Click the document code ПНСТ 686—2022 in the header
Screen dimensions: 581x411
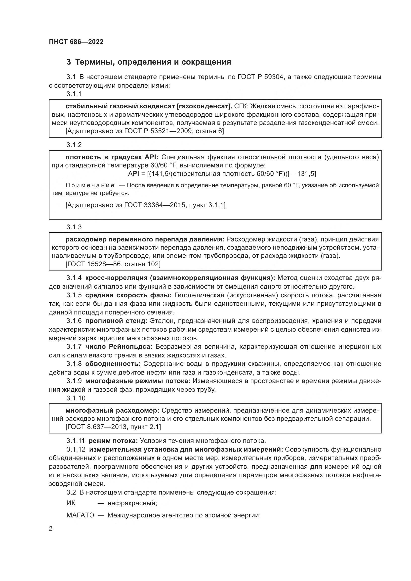76,42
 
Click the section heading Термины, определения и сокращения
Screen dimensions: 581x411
153,62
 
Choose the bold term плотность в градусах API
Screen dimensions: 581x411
112,157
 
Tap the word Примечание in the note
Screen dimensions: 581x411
90,185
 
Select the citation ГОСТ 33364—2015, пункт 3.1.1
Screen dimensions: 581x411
145,205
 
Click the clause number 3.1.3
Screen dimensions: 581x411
74,227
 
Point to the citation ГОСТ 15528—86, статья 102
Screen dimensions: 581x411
113,264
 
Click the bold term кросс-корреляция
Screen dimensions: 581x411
116,278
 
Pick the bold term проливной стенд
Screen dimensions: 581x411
116,321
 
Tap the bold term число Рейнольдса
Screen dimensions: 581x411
119,347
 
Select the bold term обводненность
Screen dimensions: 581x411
113,364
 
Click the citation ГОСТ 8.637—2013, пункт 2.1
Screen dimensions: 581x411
113,427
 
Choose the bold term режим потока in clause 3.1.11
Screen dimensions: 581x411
113,441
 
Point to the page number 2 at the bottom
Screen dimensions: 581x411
51,529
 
